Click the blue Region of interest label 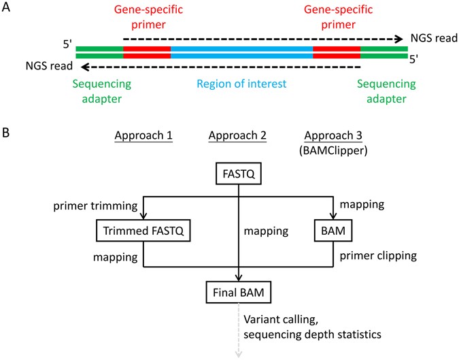[241, 85]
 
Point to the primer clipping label [377, 258]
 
